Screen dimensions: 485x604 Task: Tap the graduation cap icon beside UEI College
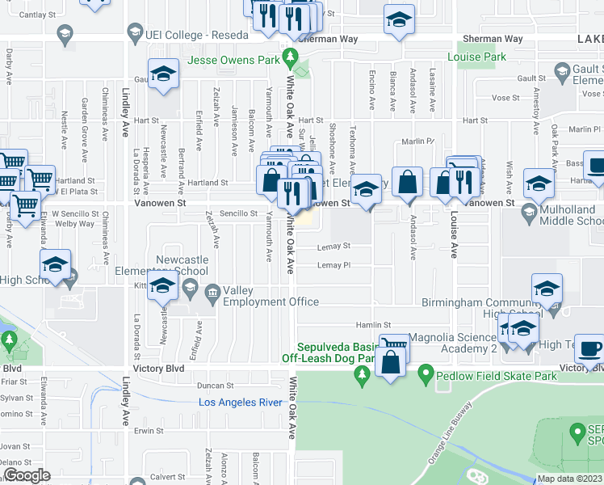click(135, 34)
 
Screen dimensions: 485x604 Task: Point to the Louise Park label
click(477, 57)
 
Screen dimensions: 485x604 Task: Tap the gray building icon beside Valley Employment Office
click(213, 291)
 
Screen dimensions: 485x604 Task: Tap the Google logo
click(27, 475)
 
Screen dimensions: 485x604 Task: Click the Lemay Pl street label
click(333, 265)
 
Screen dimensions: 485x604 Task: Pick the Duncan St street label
click(215, 386)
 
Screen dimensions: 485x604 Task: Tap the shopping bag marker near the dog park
click(390, 361)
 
